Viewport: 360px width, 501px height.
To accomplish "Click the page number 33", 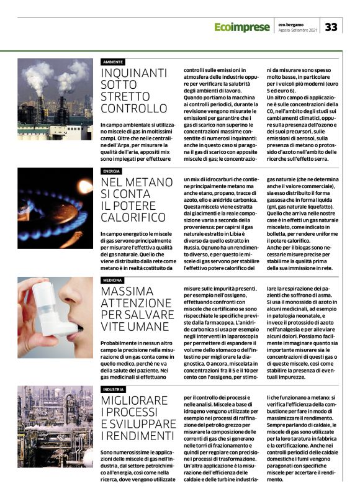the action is tap(331, 27).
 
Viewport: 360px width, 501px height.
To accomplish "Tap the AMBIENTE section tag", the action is tap(113, 62).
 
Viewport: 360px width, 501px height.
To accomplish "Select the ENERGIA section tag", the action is tap(112, 171).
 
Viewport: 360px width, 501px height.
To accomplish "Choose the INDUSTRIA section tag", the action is tap(114, 389).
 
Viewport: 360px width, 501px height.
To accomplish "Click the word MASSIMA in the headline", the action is tap(127, 291).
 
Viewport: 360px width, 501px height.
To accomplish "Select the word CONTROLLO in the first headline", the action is tap(134, 109).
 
